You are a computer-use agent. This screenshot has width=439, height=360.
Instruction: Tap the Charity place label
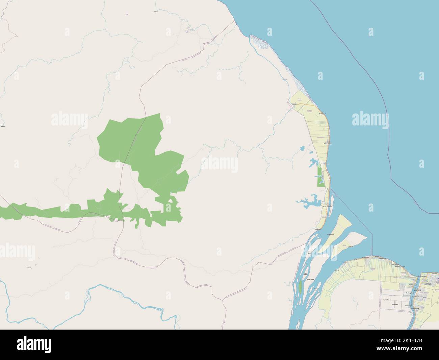[294, 104]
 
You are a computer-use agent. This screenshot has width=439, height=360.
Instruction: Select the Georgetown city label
[422, 276]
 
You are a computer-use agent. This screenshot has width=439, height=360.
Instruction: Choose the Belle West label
[395, 304]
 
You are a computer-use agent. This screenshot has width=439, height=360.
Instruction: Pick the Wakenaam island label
[331, 233]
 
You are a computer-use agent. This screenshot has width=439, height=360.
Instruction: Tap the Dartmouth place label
[322, 114]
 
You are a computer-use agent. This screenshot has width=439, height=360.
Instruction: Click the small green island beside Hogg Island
[300, 287]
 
